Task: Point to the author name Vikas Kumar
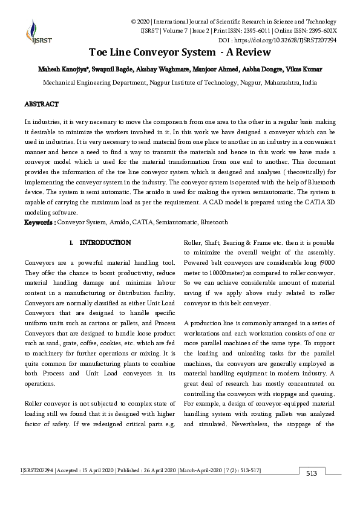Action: point(309,69)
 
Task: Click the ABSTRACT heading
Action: point(41,105)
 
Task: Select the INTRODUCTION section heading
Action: point(105,243)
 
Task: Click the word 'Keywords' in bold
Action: point(39,222)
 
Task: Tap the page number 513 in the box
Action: point(312,473)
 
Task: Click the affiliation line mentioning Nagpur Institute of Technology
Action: point(180,82)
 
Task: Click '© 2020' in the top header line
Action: point(140,21)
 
